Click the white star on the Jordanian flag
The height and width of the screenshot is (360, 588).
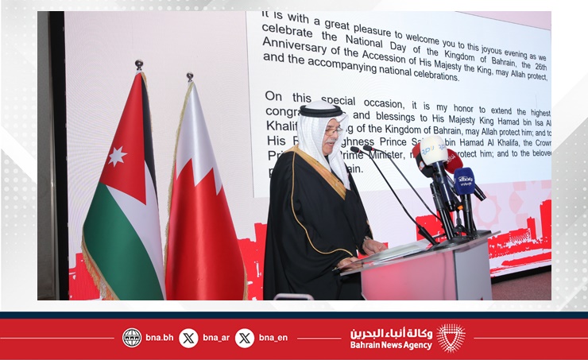(x=117, y=156)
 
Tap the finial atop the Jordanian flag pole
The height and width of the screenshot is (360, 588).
(x=139, y=64)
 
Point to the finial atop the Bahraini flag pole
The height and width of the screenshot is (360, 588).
(x=189, y=77)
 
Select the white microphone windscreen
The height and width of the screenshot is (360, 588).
(x=433, y=149)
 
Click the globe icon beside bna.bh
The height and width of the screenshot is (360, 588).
(x=132, y=338)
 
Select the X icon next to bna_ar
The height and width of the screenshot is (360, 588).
(x=188, y=338)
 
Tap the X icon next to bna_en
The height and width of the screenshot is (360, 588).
(x=245, y=338)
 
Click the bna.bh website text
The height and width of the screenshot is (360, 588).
(x=159, y=338)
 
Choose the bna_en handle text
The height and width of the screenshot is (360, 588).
(x=273, y=338)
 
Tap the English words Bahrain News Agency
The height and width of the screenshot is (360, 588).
(x=391, y=345)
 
